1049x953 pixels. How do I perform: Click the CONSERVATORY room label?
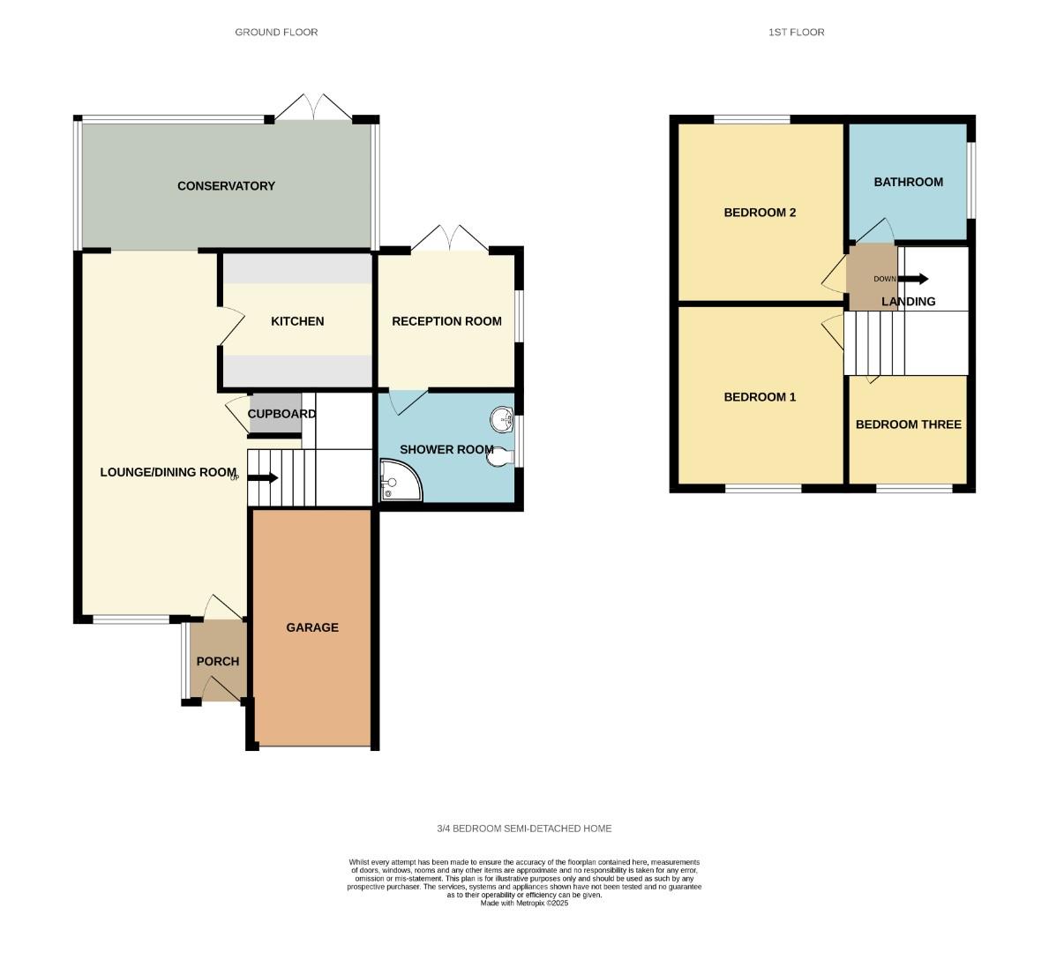coord(226,186)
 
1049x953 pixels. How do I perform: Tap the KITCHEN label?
coord(297,321)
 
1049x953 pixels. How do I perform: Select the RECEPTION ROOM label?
coord(446,321)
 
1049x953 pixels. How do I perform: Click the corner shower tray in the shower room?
coord(398,482)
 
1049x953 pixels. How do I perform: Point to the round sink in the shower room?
coord(502,419)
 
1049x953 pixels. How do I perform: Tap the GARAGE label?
coord(312,627)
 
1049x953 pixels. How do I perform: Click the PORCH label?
coord(218,661)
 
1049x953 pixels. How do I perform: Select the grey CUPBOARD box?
coord(275,415)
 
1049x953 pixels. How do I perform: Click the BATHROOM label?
coord(908,182)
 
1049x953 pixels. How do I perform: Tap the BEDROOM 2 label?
coord(760,213)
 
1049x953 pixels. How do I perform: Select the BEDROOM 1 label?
coord(760,397)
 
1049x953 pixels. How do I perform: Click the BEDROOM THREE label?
coord(908,424)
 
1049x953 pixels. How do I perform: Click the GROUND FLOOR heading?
coord(276,32)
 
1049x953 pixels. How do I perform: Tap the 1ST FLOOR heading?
coord(796,32)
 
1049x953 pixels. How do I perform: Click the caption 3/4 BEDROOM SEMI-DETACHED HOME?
coord(524,829)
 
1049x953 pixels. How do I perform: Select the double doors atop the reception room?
coord(450,238)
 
